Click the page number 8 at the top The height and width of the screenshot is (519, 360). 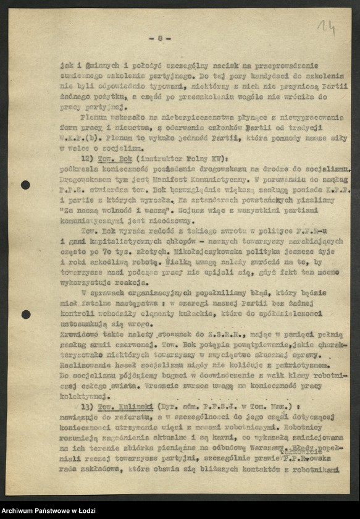coord(160,38)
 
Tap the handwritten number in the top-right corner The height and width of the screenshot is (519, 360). coord(325,27)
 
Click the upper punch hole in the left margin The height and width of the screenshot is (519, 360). coord(25,185)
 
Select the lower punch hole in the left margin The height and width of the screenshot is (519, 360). coord(25,314)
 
